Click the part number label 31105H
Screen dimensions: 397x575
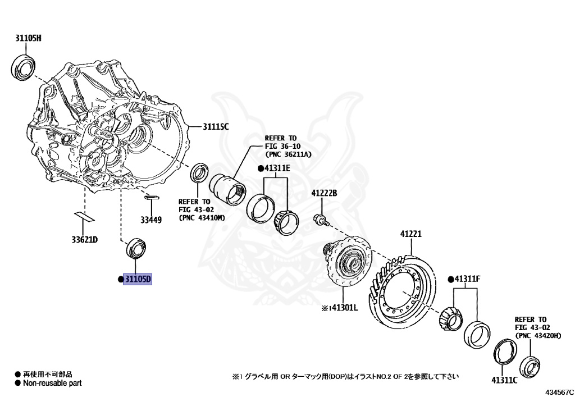tap(28, 38)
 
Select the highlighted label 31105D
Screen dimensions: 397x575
tap(138, 279)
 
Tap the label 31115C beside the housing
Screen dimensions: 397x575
tap(216, 127)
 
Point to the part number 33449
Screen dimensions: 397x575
tap(151, 220)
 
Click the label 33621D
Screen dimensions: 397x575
tap(84, 240)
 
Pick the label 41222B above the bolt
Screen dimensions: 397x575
tap(324, 194)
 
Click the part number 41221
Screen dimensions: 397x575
tap(410, 234)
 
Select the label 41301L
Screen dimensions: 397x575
tap(343, 308)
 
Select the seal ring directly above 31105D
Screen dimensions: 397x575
tap(137, 248)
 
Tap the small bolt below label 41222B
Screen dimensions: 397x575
tap(320, 219)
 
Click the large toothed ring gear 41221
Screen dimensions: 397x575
tap(403, 290)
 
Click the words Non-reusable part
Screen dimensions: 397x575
tap(52, 384)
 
